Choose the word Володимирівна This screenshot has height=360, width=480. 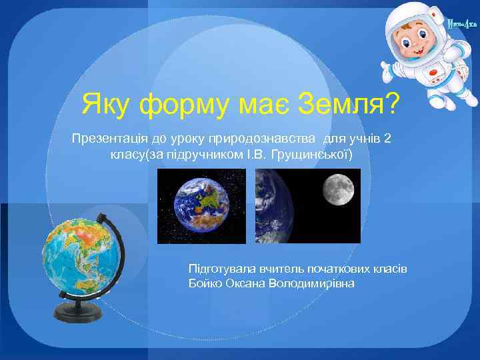[x=313, y=283]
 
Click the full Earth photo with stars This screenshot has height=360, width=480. [x=201, y=205]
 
